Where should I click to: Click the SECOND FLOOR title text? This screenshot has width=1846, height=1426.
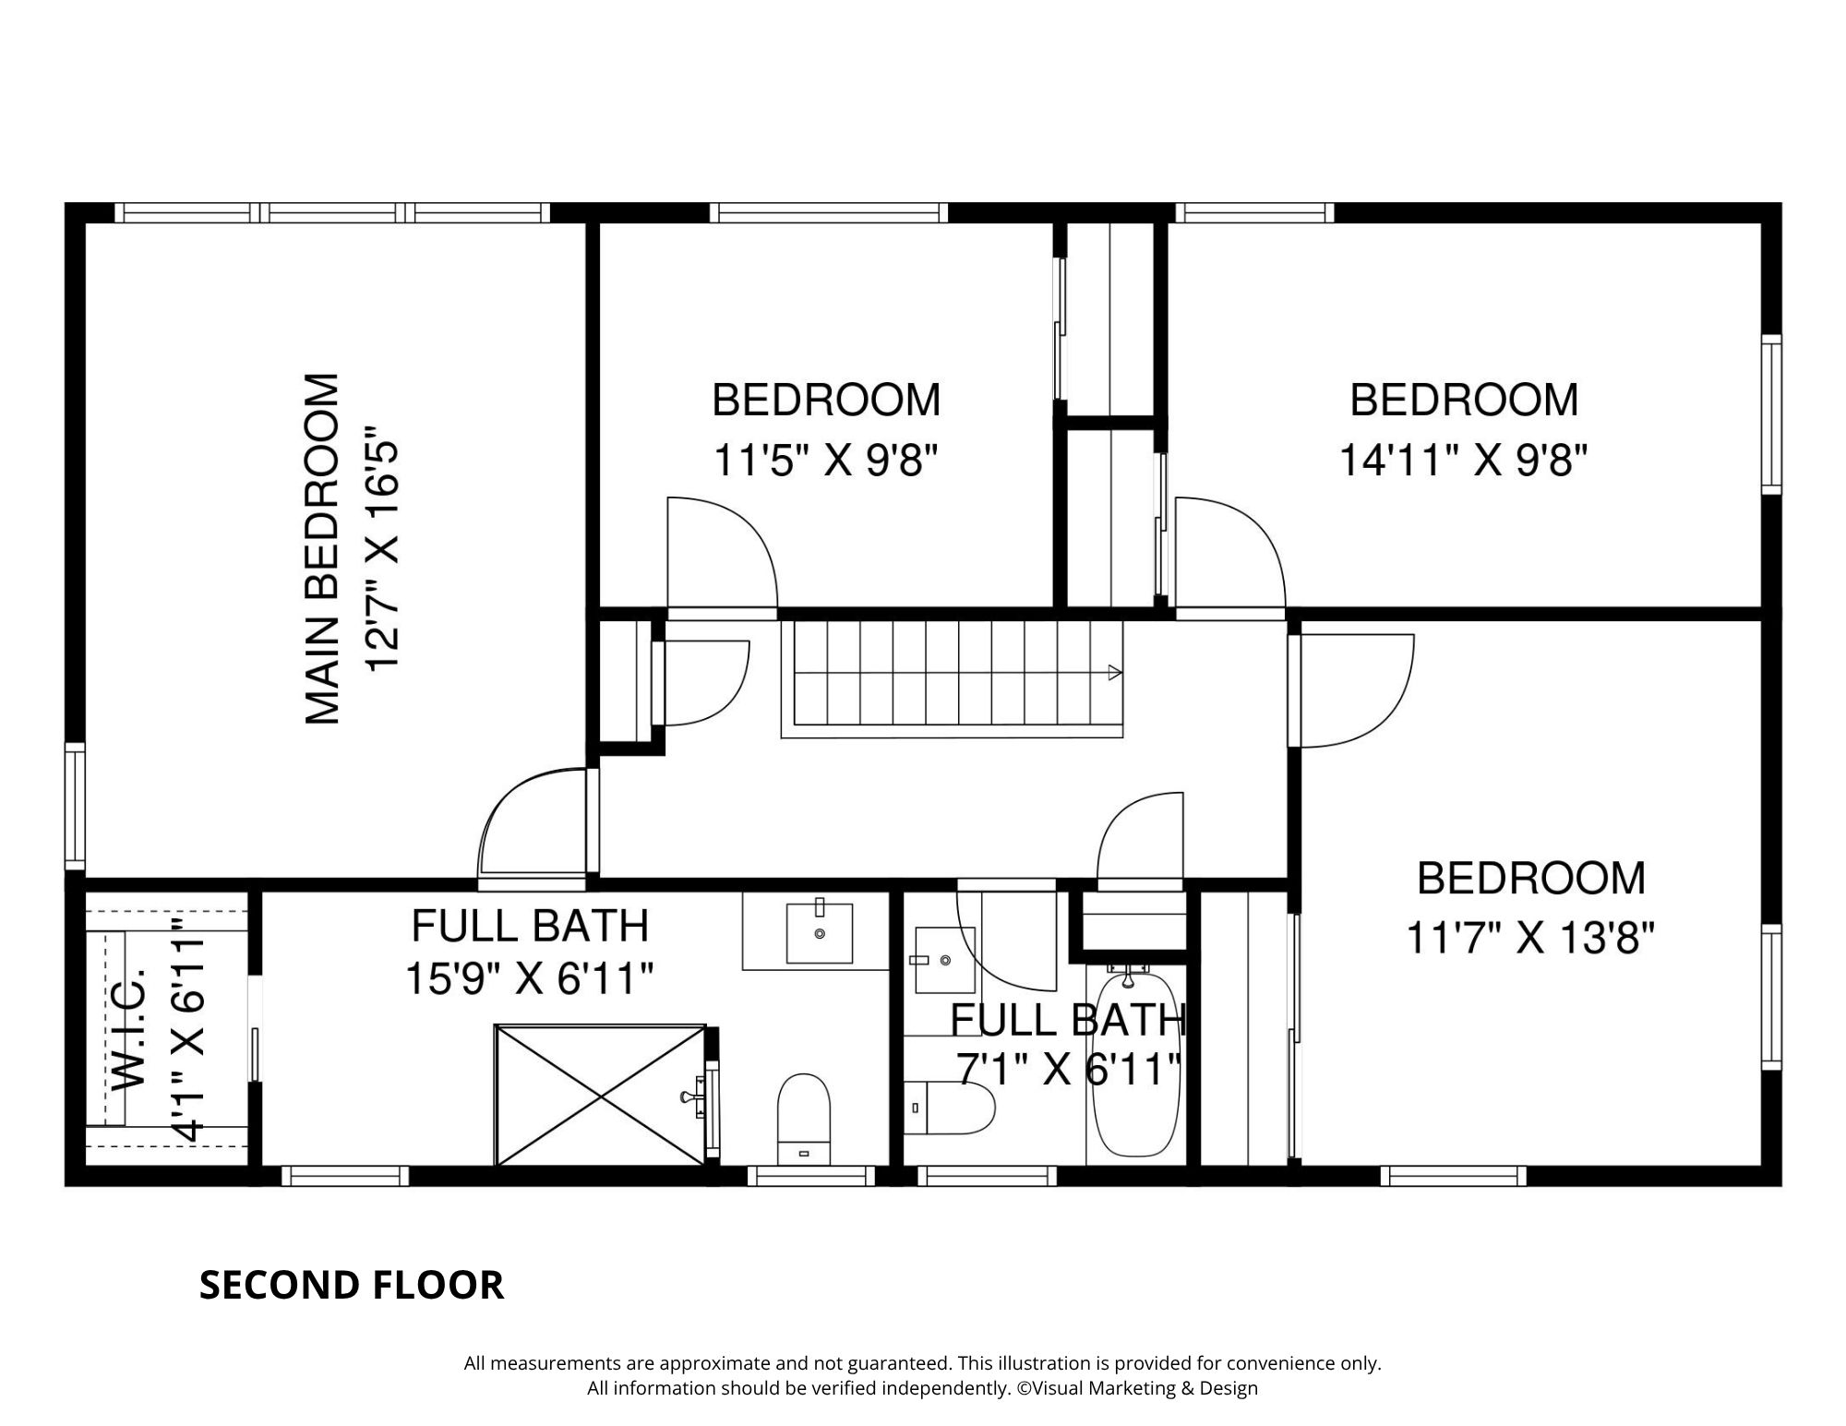click(x=352, y=1285)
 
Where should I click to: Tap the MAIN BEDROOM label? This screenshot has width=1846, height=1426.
click(x=323, y=548)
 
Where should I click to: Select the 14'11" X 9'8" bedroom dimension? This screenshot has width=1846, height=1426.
click(x=1464, y=460)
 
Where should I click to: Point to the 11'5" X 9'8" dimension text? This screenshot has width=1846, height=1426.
click(x=826, y=460)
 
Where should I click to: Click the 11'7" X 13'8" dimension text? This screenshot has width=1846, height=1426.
click(x=1530, y=939)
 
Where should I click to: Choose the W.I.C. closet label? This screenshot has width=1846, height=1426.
click(x=130, y=1029)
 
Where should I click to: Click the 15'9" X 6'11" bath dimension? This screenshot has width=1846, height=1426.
click(x=530, y=978)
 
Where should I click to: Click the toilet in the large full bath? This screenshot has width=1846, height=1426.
click(x=804, y=1119)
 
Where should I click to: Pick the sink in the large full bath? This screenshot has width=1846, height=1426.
click(x=819, y=932)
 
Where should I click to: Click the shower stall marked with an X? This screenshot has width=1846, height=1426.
click(x=601, y=1095)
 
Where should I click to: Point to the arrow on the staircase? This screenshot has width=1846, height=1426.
click(x=1114, y=672)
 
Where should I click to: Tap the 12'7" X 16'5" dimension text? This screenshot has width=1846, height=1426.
click(x=382, y=548)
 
